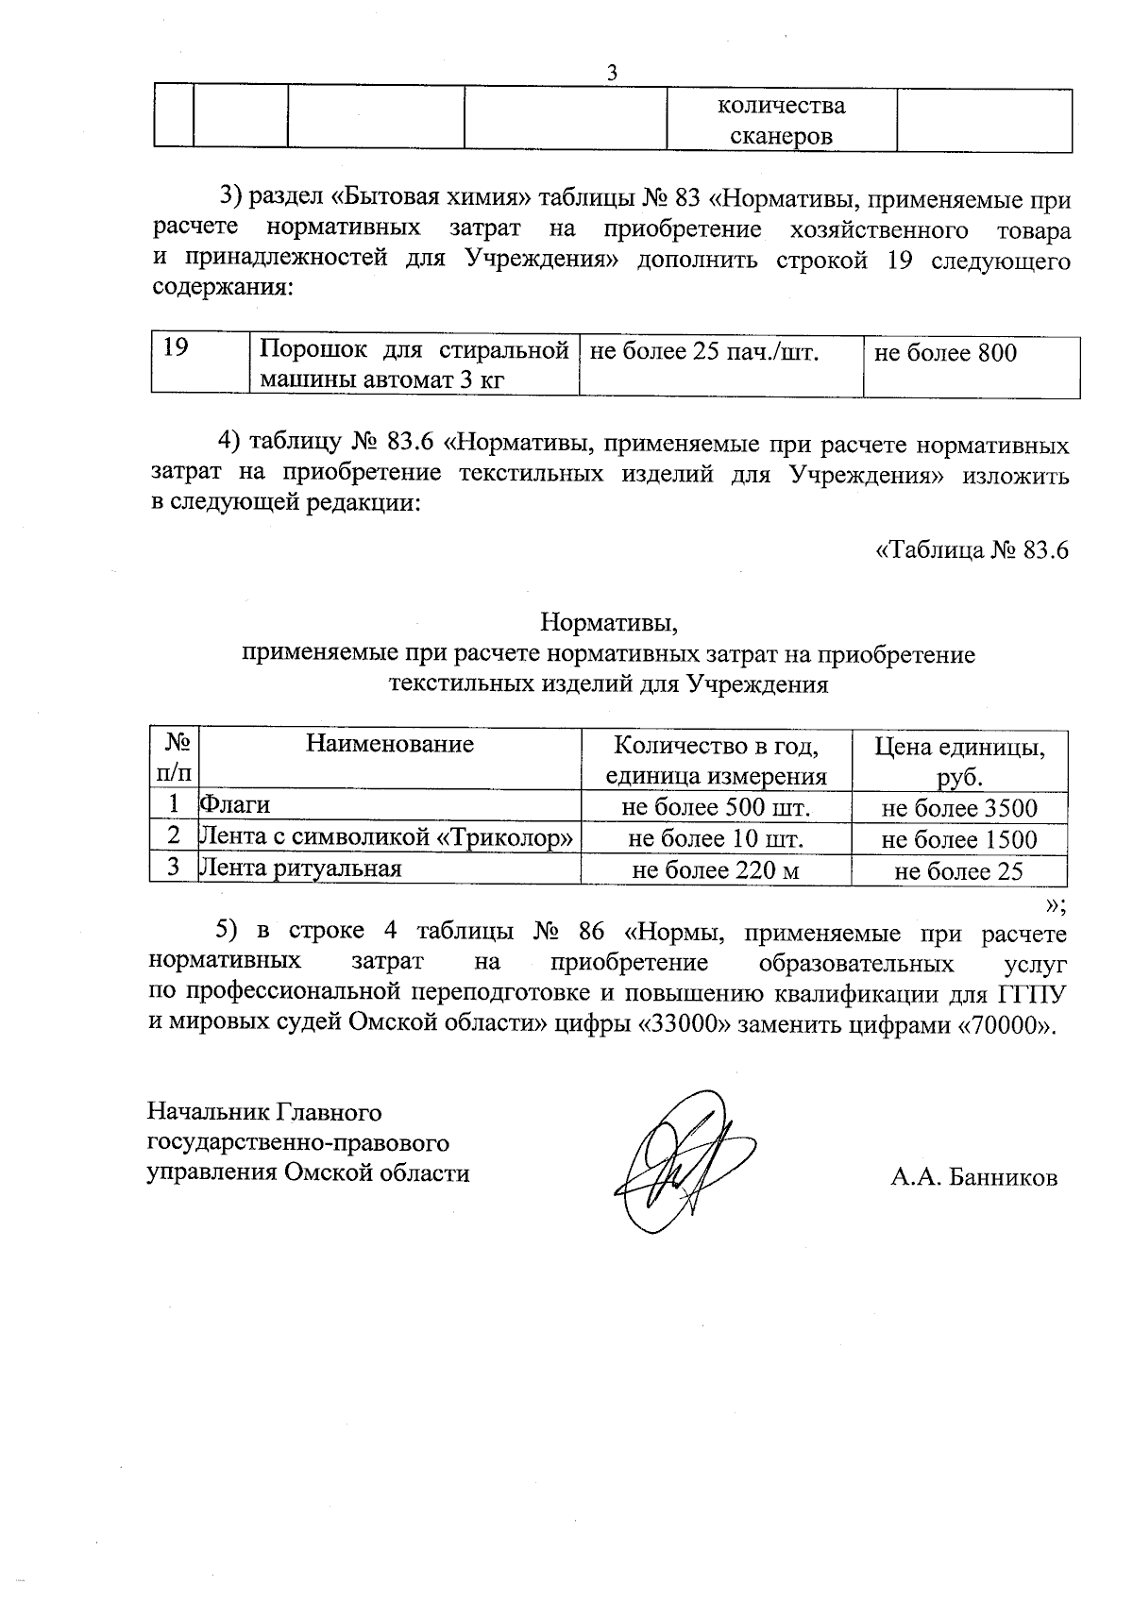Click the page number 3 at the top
[x=612, y=73]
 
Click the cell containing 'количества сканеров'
[x=782, y=121]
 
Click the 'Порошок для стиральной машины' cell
[x=413, y=365]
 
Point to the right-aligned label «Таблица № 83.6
[x=972, y=549]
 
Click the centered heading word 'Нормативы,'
[x=609, y=623]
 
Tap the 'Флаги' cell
[x=234, y=805]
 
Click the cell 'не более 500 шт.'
[x=716, y=808]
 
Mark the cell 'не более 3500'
[x=959, y=808]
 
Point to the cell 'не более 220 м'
[x=716, y=870]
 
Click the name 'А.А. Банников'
[x=972, y=1177]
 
